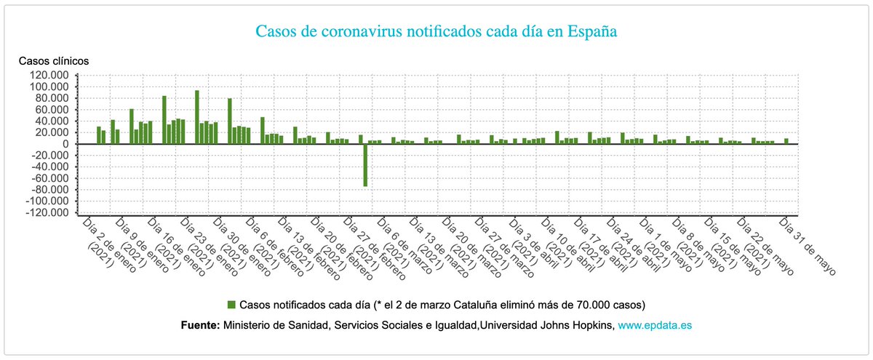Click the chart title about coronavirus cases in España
(436, 32)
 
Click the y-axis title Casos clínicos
(54, 60)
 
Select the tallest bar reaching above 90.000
(197, 116)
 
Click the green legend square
(232, 303)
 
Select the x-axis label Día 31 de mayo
(808, 246)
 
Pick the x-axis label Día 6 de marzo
(404, 243)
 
